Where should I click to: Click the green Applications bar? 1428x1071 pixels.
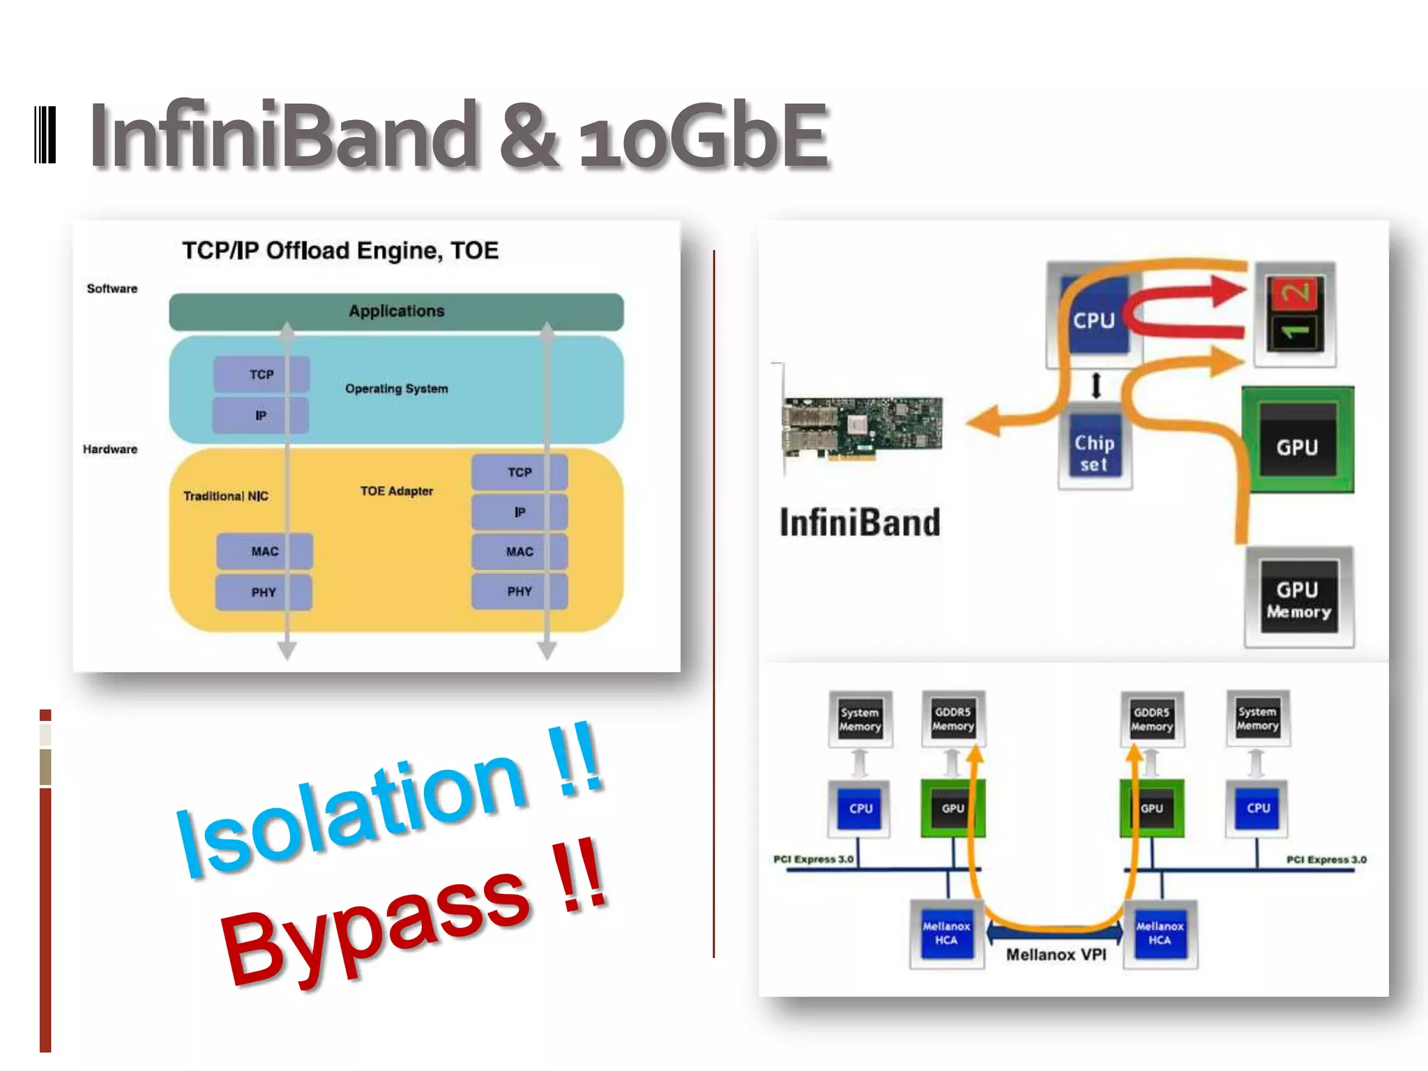(x=396, y=312)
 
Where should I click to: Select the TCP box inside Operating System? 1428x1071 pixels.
(x=261, y=374)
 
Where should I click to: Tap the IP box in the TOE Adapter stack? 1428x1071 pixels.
(x=519, y=512)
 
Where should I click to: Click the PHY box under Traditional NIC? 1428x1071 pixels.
(x=264, y=592)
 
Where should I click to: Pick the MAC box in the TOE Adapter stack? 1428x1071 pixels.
(x=519, y=552)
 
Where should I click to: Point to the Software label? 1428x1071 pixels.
(x=112, y=289)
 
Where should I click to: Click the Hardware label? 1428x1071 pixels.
(x=110, y=449)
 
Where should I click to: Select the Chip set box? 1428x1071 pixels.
(x=1094, y=453)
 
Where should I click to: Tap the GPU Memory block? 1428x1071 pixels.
(x=1299, y=599)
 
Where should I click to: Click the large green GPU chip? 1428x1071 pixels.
(x=1298, y=441)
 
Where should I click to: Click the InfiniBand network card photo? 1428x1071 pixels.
(x=863, y=426)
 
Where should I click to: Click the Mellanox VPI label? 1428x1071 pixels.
(x=1056, y=955)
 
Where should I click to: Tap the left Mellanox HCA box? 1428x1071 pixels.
(x=946, y=934)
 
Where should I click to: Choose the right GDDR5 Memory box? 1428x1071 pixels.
(x=1151, y=719)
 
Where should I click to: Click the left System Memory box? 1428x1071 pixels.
(x=860, y=719)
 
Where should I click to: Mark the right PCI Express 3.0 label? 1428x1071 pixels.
(x=1326, y=860)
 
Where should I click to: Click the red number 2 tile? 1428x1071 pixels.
(x=1294, y=293)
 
